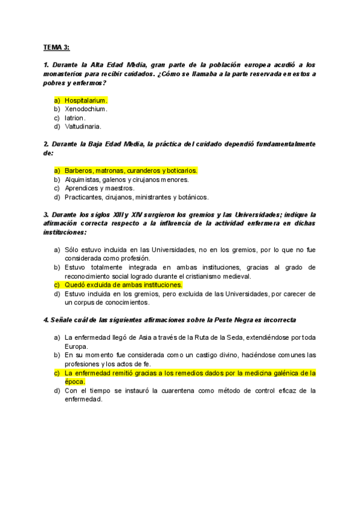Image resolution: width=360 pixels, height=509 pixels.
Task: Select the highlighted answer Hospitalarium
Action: (x=86, y=100)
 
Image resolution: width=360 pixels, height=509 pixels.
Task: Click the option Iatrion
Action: (x=75, y=118)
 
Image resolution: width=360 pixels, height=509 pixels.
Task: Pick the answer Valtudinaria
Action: (x=83, y=127)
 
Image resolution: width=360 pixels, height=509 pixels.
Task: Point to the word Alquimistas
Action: (x=83, y=179)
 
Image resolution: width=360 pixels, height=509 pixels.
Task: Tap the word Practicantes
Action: (x=84, y=197)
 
